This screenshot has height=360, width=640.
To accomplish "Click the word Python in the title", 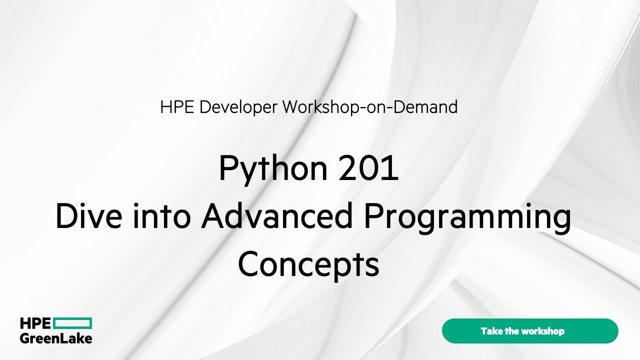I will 265,169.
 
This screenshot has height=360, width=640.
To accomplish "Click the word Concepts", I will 308,265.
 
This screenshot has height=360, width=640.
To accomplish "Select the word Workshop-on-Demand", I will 370,107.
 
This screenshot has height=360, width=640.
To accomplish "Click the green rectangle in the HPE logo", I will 72,323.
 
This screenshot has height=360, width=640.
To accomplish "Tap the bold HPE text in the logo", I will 35,323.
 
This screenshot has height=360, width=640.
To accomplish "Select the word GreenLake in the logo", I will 56,338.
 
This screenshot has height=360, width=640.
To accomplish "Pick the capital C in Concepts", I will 248,265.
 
